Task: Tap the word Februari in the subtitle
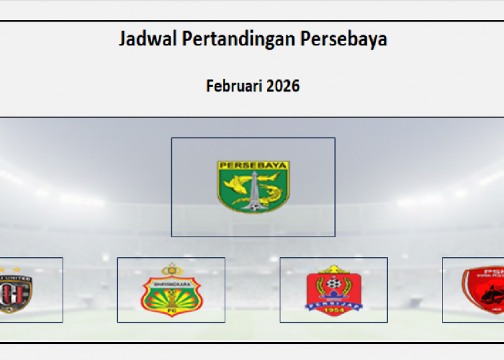point(233,86)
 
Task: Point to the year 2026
point(283,86)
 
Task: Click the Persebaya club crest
point(253,186)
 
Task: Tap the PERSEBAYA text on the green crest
point(253,166)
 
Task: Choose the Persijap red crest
point(333,292)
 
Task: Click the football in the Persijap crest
point(333,284)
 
